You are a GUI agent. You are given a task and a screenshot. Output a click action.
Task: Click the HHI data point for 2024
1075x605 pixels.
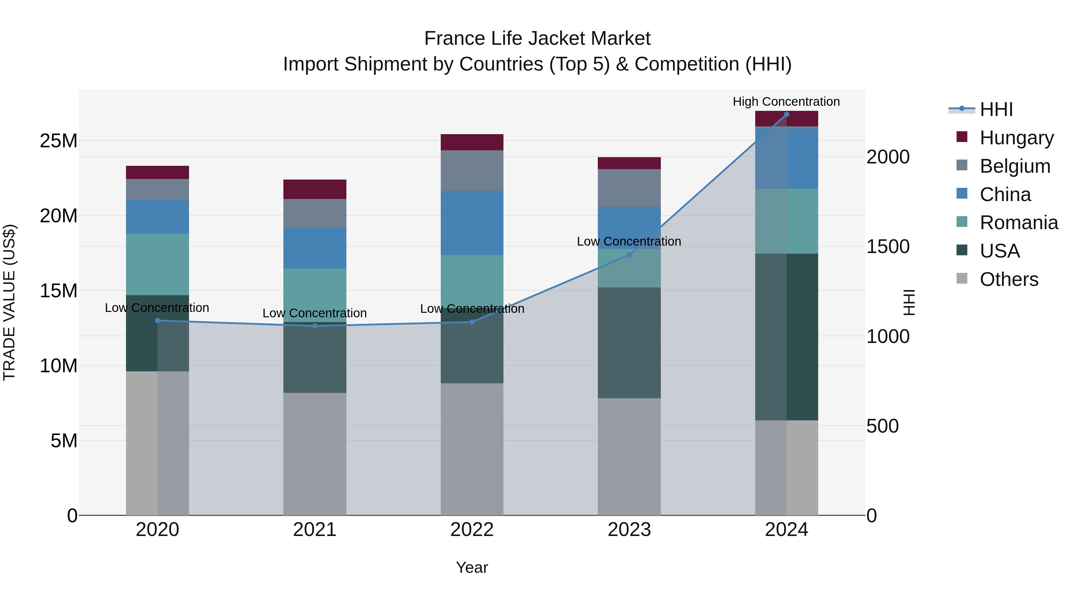[787, 114]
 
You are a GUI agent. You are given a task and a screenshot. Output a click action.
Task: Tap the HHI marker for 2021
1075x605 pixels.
[315, 326]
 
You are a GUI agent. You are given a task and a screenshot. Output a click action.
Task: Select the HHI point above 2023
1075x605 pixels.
[629, 255]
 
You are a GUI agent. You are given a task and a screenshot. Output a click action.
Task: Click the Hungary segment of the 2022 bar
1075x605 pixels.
[472, 143]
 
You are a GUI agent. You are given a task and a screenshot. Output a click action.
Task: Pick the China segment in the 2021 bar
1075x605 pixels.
[315, 248]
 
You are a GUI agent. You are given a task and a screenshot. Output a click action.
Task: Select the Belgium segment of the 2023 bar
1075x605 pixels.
[629, 188]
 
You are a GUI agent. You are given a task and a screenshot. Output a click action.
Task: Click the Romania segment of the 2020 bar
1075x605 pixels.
[157, 264]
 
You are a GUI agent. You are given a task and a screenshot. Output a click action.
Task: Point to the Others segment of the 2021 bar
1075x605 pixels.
[315, 454]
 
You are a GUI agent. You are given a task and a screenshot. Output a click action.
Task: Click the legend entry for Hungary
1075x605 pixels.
[1016, 138]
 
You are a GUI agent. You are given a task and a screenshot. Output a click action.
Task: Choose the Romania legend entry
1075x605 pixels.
[1019, 223]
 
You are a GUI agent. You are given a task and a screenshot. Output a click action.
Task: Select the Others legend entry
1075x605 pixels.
[1009, 279]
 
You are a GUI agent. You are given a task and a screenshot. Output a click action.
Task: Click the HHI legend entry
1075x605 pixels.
[996, 109]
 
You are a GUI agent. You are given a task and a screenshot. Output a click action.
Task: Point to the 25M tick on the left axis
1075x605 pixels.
[59, 141]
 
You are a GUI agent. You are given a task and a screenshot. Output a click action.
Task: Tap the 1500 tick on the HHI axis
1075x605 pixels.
[888, 247]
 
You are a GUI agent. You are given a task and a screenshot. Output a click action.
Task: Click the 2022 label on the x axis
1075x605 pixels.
[472, 530]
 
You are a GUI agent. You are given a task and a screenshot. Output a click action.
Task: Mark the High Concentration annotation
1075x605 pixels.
[786, 102]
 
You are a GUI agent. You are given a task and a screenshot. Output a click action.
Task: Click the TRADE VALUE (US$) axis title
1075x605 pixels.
[10, 302]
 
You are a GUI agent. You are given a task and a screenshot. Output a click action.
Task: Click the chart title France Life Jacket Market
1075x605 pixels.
[537, 39]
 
